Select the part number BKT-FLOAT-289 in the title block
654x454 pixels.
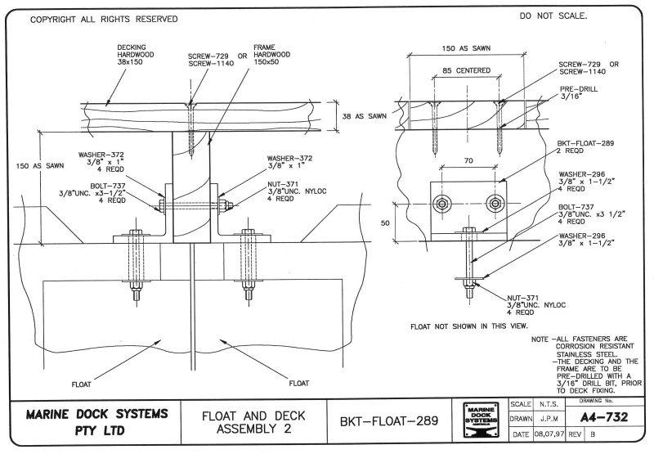[387, 420]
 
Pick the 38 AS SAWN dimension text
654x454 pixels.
[364, 117]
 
